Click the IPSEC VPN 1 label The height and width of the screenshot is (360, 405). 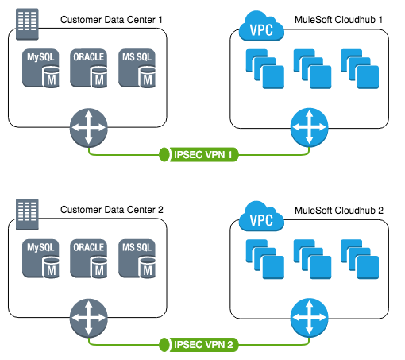tap(202, 154)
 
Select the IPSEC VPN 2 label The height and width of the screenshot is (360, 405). tap(202, 344)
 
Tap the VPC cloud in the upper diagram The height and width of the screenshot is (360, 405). tap(261, 29)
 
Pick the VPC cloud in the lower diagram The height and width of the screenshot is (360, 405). tap(261, 219)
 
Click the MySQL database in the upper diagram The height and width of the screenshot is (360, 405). tap(43, 68)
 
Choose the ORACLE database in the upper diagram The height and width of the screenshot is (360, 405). tap(89, 68)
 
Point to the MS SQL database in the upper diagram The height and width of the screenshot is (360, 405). tap(137, 68)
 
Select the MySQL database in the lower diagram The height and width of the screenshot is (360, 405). tap(43, 258)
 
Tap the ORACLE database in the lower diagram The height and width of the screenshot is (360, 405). tap(89, 258)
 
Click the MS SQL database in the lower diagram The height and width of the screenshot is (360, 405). tap(137, 258)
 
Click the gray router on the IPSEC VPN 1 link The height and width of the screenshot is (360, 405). tap(88, 127)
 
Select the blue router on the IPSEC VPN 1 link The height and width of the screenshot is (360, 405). tap(309, 127)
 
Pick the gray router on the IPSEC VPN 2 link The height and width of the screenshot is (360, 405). tap(88, 317)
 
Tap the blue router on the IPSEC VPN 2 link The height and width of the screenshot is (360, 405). tap(309, 317)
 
